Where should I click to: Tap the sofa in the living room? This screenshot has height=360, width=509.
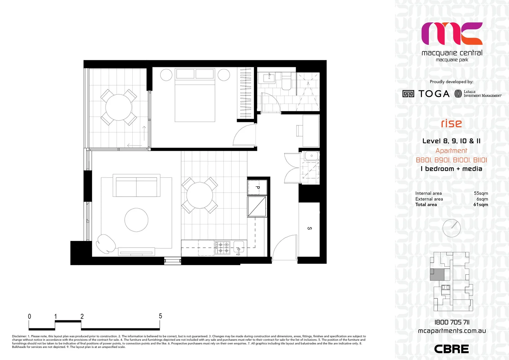click(x=136, y=186)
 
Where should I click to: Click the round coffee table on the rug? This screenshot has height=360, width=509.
click(x=136, y=220)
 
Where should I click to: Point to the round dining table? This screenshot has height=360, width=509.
click(x=200, y=195)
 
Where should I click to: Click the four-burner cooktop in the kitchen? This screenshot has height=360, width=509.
click(x=222, y=248)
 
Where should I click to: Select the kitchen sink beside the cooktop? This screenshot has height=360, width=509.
click(x=239, y=247)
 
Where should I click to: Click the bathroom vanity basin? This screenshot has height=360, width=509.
click(x=269, y=78)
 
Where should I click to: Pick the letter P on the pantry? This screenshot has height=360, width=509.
click(x=257, y=188)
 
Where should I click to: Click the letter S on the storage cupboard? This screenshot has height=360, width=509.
click(x=309, y=228)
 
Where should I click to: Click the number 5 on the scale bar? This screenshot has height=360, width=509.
click(x=160, y=316)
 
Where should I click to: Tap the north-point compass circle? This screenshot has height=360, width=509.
click(x=452, y=228)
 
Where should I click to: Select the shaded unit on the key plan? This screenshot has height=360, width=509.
click(x=437, y=275)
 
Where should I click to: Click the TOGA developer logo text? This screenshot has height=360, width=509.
click(x=434, y=94)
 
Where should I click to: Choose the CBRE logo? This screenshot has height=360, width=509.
click(x=451, y=349)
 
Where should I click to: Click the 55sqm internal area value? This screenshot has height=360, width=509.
click(x=481, y=193)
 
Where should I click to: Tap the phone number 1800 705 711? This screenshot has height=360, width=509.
click(x=452, y=322)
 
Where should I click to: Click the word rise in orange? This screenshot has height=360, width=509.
click(x=451, y=123)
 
